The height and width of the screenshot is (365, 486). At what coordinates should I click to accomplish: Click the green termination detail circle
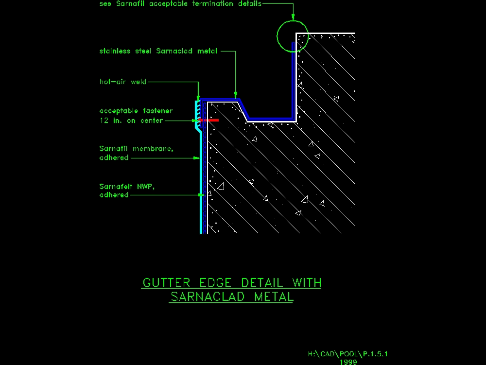278,36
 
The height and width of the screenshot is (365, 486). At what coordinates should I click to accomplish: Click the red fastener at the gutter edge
209,120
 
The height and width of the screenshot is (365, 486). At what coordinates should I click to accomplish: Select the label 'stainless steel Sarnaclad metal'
158,51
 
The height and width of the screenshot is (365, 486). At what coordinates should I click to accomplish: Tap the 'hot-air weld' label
123,82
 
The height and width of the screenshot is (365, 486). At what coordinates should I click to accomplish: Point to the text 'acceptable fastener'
136,111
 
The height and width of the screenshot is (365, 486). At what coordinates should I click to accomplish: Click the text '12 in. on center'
131,121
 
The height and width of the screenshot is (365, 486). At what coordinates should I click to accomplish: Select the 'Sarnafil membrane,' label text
137,149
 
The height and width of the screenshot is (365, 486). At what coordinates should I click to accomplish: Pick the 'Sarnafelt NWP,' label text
127,187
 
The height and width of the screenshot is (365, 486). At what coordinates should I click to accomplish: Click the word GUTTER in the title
166,282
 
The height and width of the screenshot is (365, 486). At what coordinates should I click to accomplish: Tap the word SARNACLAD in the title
208,297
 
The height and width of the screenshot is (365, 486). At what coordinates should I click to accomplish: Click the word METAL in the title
274,297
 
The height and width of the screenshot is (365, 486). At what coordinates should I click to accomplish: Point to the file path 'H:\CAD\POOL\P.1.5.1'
348,354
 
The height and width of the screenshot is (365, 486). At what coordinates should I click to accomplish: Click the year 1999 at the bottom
348,362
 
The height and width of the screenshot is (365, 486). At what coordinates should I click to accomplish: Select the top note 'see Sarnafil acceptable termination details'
180,4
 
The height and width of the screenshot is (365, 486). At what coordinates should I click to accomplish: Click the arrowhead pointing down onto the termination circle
293,17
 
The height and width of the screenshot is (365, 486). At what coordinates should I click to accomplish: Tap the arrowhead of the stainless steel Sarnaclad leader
236,95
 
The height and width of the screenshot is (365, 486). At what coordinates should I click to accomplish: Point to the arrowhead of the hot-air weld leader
198,98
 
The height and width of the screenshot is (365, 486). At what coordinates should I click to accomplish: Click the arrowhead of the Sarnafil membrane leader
196,158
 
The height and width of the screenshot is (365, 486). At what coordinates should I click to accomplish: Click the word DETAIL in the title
262,282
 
